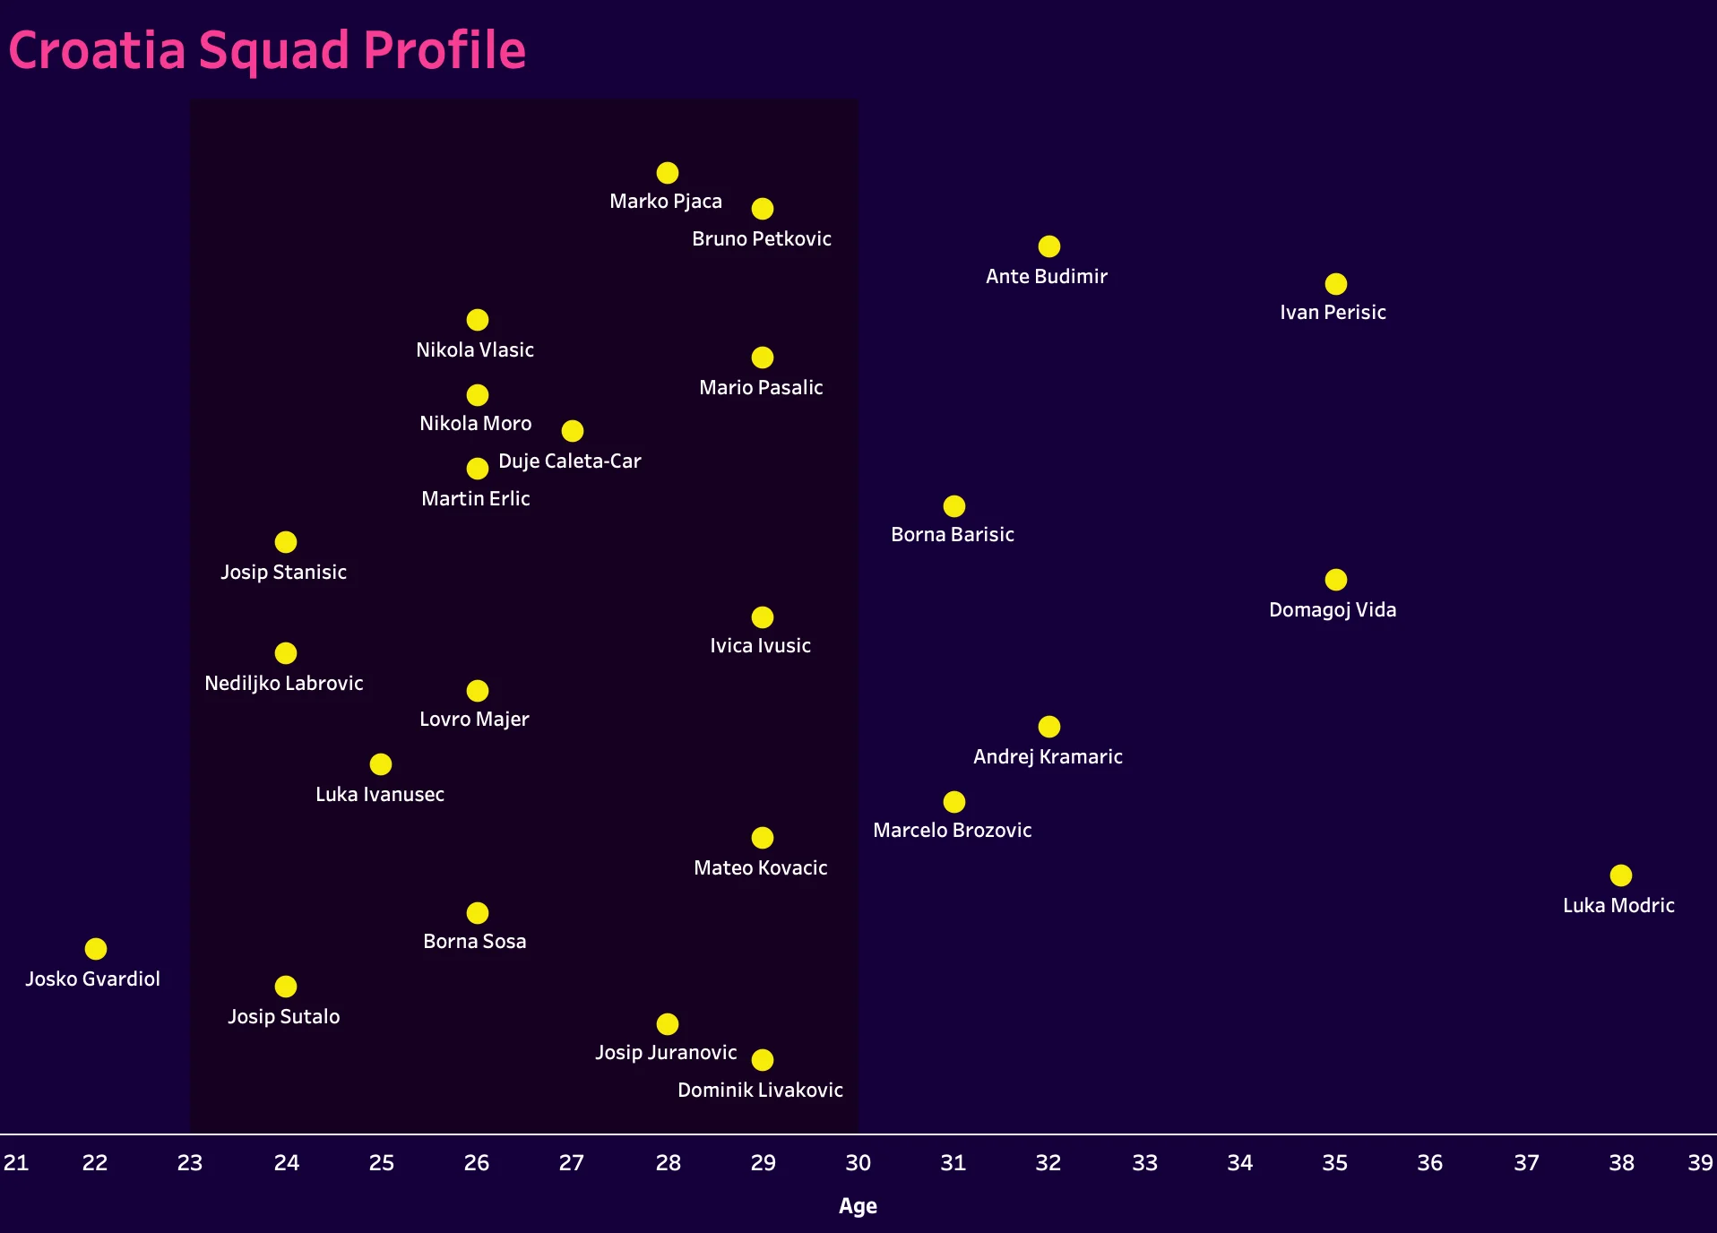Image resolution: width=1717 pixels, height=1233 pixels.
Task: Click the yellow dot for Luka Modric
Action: click(x=1620, y=875)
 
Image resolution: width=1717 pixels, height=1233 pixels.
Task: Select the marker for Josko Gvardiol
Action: click(x=96, y=949)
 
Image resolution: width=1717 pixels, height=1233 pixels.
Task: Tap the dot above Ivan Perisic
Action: click(x=1335, y=284)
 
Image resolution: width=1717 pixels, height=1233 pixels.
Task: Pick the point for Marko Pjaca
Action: click(x=667, y=173)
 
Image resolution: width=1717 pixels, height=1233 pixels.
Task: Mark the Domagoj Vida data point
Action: click(x=1335, y=580)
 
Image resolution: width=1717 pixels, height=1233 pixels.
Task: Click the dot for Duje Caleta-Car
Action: click(x=572, y=431)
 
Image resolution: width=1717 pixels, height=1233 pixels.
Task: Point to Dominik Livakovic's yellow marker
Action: click(x=762, y=1060)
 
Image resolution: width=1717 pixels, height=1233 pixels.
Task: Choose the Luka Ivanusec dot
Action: click(x=381, y=764)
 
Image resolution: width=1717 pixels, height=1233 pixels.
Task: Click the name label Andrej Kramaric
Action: click(x=1048, y=757)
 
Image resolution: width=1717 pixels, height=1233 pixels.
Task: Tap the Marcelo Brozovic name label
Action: click(x=952, y=831)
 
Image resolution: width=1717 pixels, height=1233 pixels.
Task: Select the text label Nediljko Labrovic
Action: click(x=283, y=684)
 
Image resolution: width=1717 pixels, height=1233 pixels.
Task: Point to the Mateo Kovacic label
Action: click(x=760, y=868)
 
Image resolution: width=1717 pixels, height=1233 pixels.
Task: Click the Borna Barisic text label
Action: click(x=952, y=535)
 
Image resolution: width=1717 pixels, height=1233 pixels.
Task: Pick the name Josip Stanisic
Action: click(x=283, y=573)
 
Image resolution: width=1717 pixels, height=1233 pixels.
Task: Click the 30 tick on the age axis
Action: click(x=858, y=1163)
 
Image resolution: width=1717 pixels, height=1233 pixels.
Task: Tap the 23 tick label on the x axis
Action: click(x=190, y=1163)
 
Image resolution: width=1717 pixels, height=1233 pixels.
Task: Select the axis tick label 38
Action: click(x=1621, y=1163)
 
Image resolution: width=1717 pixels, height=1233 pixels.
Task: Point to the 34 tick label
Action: click(x=1239, y=1163)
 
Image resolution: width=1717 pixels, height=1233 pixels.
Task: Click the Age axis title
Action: click(x=858, y=1206)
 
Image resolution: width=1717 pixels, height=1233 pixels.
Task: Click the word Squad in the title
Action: click(x=274, y=50)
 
